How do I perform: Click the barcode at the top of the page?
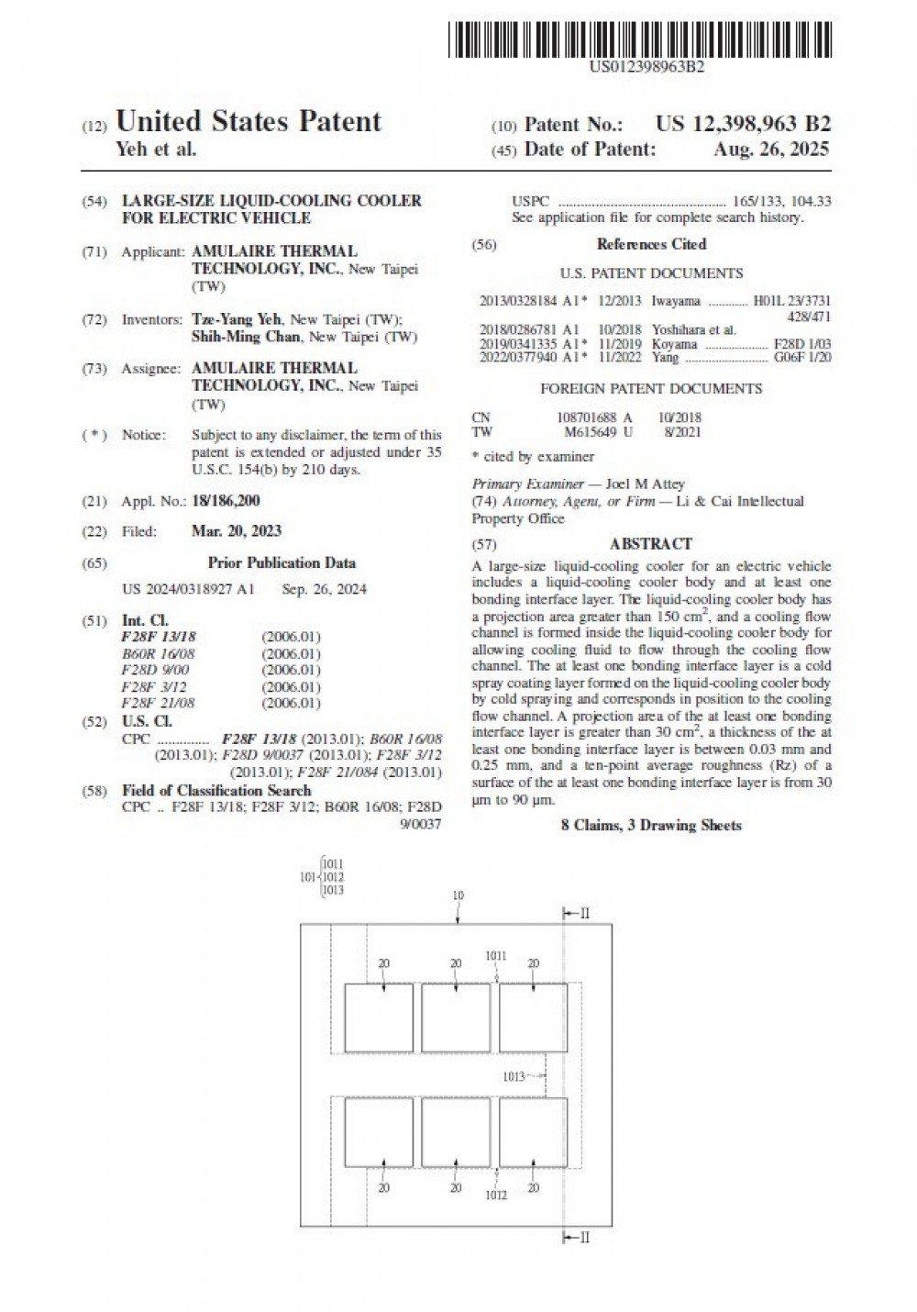641,39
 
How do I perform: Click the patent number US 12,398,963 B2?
744,125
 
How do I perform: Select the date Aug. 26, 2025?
771,150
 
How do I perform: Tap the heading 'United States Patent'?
248,122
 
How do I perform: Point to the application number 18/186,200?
226,501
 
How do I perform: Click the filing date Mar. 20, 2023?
237,531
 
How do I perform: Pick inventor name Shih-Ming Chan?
246,337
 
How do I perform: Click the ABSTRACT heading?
651,544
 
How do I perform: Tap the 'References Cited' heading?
651,244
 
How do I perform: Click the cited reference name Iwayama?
676,301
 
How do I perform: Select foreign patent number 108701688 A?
594,417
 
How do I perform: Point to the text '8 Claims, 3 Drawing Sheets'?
651,826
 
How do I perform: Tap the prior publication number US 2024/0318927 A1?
188,589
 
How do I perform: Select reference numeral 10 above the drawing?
458,895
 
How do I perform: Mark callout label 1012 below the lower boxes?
496,1195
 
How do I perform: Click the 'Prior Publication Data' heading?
282,563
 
